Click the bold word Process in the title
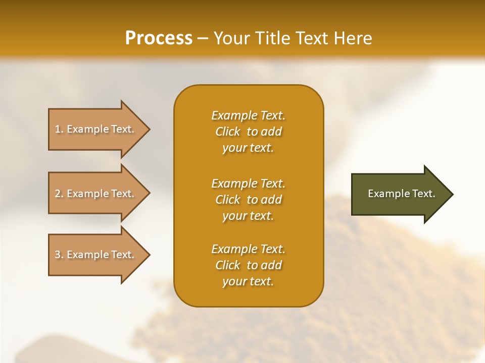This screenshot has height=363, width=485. coord(159,38)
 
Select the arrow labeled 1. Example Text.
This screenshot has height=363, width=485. coord(96,129)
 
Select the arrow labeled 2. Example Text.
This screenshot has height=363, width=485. coord(96,194)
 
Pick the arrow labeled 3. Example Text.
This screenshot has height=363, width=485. coord(96,255)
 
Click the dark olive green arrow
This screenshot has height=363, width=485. coord(399,194)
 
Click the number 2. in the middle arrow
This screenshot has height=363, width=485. coord(59,194)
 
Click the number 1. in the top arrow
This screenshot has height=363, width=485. coord(59,129)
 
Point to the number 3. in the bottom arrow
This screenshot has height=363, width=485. coord(59,255)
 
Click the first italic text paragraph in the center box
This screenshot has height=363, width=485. coord(248,132)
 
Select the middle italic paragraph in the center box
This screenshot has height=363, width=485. coord(248,200)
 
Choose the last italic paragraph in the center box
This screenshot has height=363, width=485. coord(248,265)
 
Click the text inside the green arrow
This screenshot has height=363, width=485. coord(401,194)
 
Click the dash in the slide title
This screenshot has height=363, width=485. coord(203,39)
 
